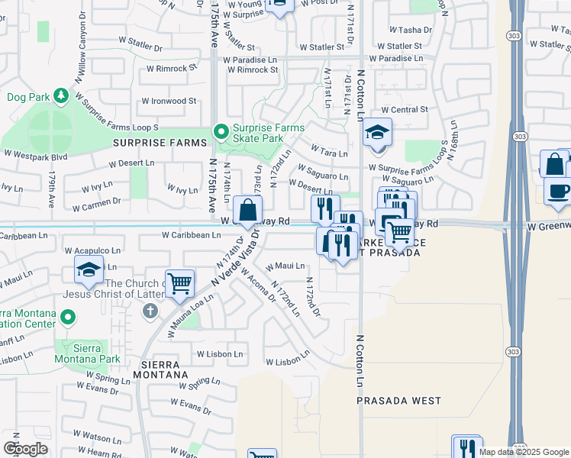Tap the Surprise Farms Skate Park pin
pyautogui.click(x=221, y=133)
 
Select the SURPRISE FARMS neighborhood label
pyautogui.click(x=160, y=143)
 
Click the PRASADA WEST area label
pyautogui.click(x=398, y=401)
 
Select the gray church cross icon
pyautogui.click(x=150, y=311)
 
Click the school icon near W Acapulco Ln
pyautogui.click(x=89, y=270)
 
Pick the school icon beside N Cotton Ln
pyautogui.click(x=377, y=133)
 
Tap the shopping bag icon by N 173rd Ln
pyautogui.click(x=248, y=210)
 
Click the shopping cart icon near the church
pyautogui.click(x=180, y=283)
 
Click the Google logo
pyautogui.click(x=25, y=449)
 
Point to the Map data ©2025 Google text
pyautogui.click(x=524, y=452)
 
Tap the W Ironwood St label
pyautogui.click(x=168, y=101)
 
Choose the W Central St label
pyautogui.click(x=403, y=110)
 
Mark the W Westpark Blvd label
pyautogui.click(x=35, y=154)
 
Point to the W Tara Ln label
pyautogui.click(x=329, y=153)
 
